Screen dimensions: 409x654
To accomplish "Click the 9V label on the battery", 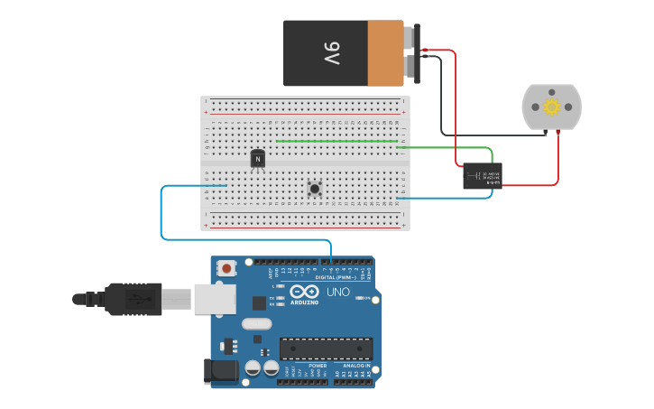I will coord(331,53).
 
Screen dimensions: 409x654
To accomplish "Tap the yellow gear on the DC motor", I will coord(551,107).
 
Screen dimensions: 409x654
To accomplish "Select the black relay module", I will coord(483,176).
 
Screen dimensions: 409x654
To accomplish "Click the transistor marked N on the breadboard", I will coord(258,159).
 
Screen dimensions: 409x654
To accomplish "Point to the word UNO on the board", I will coord(337,293).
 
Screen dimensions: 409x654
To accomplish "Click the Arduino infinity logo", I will coord(304,292).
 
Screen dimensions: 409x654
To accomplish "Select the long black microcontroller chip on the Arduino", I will coord(326,349).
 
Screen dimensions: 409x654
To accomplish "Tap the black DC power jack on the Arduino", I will coord(222,370).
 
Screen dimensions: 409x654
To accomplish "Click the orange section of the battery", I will coord(385,53).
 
